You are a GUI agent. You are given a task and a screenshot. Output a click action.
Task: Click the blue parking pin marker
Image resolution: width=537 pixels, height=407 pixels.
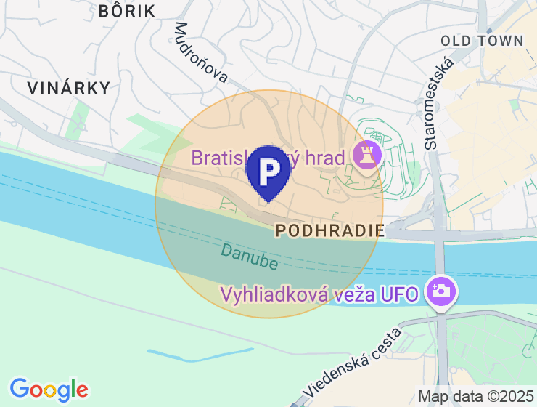tap(268, 172)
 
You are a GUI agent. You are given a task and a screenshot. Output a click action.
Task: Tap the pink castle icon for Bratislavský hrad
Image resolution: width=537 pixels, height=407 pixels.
tap(366, 154)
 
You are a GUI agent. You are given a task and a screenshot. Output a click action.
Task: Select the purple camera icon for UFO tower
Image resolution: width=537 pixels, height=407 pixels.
tap(442, 291)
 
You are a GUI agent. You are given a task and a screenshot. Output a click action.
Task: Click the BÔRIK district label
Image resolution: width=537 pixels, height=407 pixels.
tap(126, 11)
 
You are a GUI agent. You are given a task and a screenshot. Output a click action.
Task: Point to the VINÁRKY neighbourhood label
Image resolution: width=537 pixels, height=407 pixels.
tap(69, 89)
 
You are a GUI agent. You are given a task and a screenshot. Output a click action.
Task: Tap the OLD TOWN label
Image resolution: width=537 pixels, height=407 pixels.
tap(482, 41)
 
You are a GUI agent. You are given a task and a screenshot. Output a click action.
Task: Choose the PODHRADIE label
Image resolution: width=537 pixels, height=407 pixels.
tap(330, 231)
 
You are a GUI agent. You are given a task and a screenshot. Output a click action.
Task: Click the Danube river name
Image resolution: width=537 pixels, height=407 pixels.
tap(250, 255)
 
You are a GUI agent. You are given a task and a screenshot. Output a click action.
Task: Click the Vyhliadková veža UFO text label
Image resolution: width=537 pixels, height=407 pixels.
tap(320, 294)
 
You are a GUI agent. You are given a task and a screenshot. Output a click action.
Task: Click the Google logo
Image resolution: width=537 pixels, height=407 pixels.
tap(49, 390)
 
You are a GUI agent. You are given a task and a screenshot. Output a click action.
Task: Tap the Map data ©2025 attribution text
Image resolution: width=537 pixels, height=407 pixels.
tap(475, 397)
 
